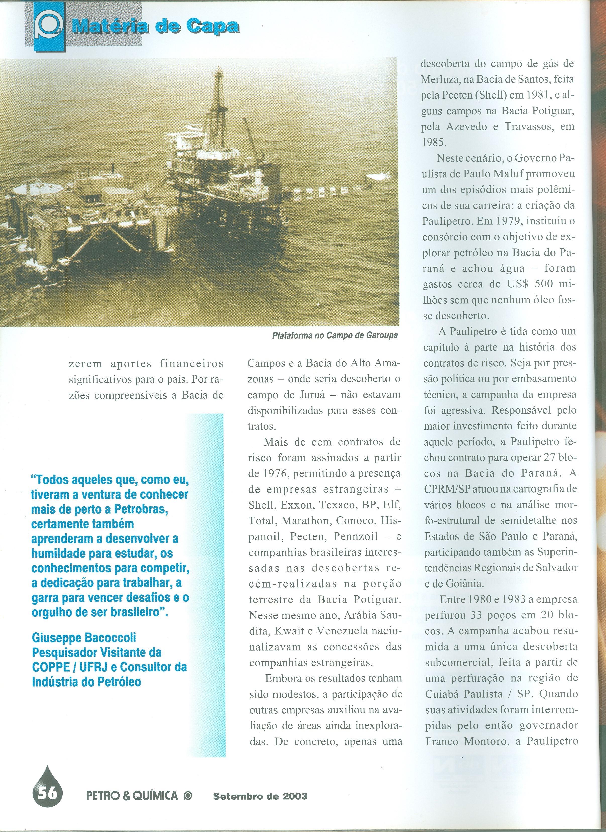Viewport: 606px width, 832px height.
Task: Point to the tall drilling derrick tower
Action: [x=219, y=103]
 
